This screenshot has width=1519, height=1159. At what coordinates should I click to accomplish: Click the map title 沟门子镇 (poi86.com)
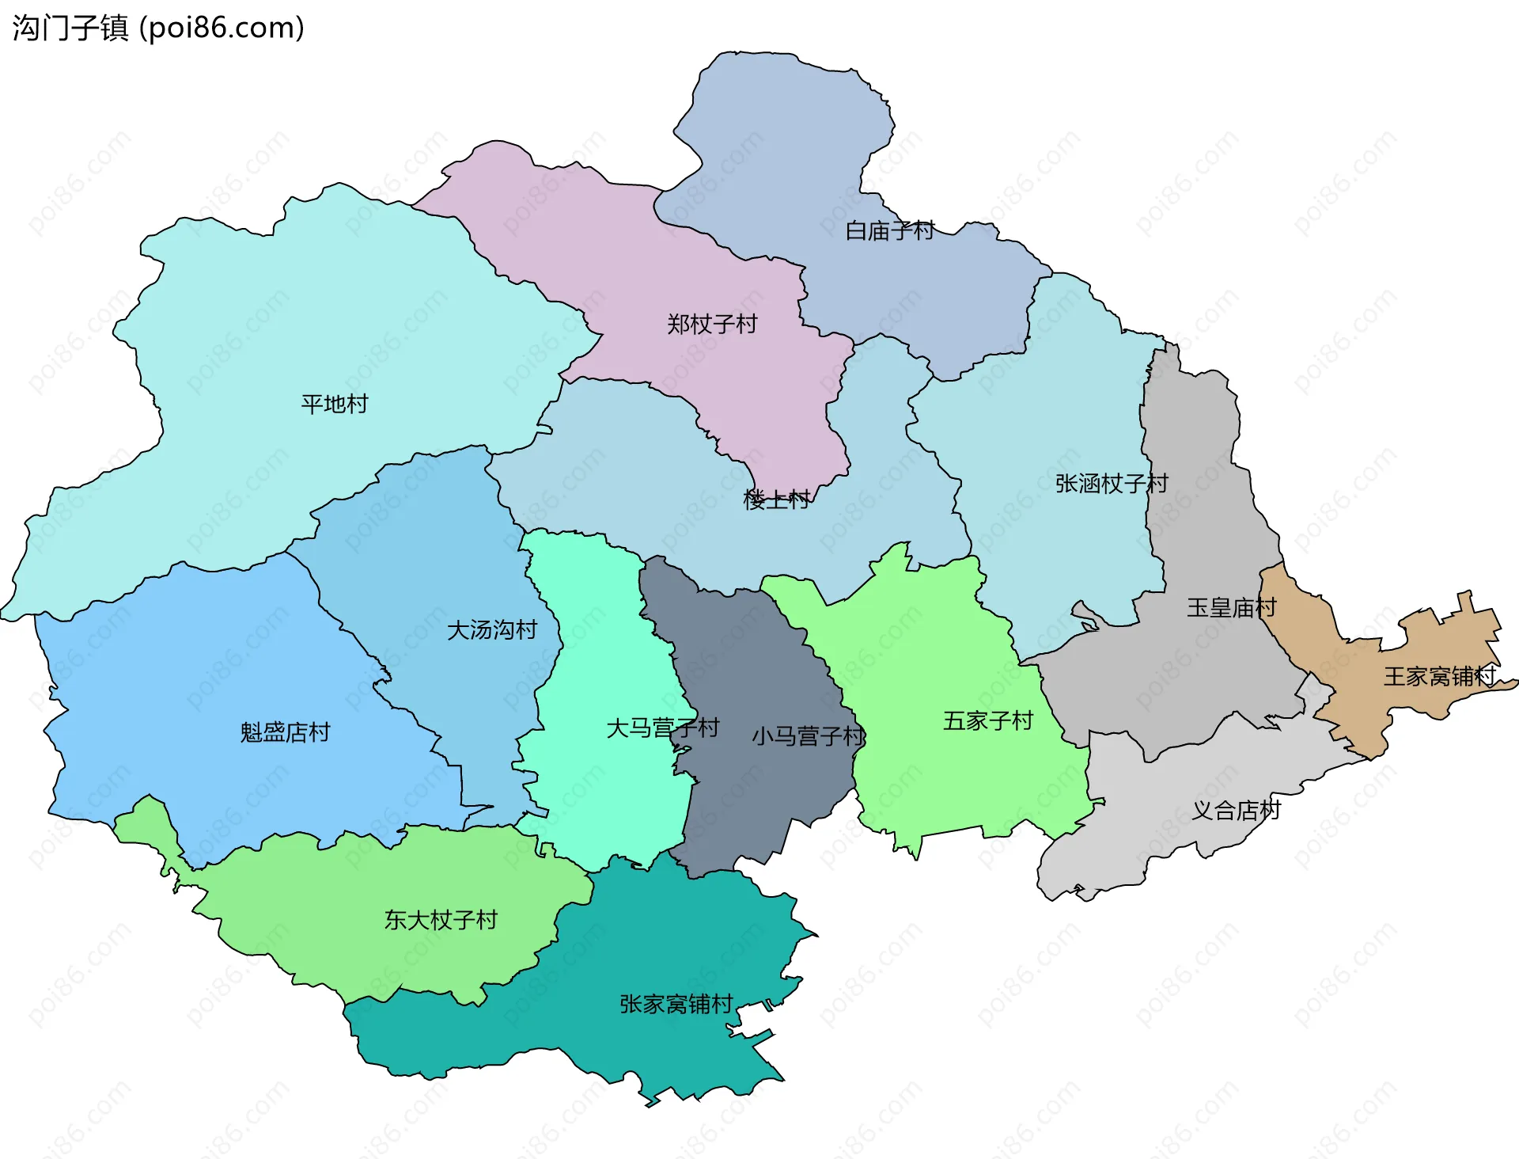(x=158, y=28)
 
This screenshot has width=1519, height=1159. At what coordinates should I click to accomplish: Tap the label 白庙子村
(x=890, y=231)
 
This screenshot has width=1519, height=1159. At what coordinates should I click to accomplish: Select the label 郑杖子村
(x=712, y=324)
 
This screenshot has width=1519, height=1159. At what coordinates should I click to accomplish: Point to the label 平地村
(x=335, y=404)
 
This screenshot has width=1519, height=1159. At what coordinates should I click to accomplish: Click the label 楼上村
(x=776, y=500)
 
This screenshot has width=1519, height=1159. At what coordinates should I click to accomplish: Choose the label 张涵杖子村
(x=1112, y=483)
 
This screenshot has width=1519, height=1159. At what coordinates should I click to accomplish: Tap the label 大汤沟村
(x=492, y=630)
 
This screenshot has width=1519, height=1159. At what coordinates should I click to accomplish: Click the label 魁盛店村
(x=285, y=732)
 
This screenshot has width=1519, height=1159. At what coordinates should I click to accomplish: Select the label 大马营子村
(x=662, y=728)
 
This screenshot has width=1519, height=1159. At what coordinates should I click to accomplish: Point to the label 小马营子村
(x=808, y=736)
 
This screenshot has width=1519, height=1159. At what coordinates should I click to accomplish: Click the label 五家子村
(x=988, y=720)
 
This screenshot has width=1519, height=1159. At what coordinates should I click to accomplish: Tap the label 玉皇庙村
(x=1231, y=608)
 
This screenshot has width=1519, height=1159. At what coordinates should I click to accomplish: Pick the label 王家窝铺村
(x=1439, y=676)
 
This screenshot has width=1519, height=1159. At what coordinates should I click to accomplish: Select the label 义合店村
(x=1236, y=810)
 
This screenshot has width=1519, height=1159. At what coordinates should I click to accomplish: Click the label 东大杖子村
(x=441, y=920)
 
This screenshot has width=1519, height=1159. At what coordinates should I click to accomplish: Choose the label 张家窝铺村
(x=676, y=1004)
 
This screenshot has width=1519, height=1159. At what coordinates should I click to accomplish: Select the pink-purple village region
(x=633, y=261)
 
